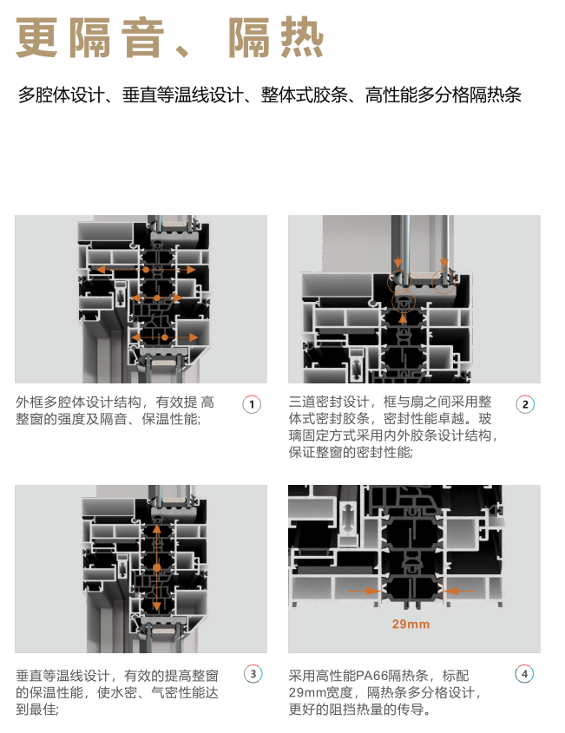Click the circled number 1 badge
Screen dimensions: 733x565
click(252, 404)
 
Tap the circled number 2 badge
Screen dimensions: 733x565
click(525, 404)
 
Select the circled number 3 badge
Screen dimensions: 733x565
click(252, 674)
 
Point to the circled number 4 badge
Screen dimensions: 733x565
click(525, 674)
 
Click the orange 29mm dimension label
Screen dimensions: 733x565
click(411, 624)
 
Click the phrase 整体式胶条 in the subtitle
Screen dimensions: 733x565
click(304, 95)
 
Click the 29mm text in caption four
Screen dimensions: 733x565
click(308, 692)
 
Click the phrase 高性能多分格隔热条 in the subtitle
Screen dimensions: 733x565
click(443, 95)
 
